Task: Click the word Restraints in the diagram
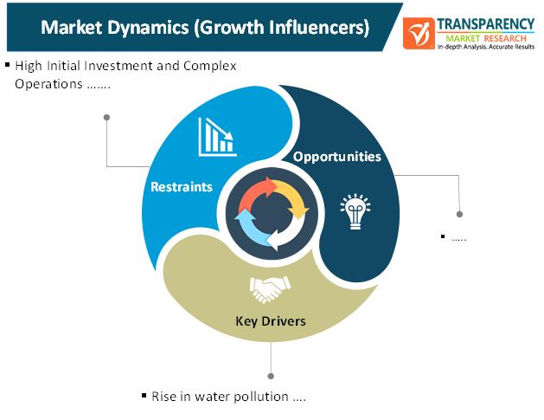(x=182, y=187)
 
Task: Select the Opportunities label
(x=337, y=157)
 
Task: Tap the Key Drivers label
(x=271, y=321)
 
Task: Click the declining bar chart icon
(x=218, y=137)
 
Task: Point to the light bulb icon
(x=355, y=211)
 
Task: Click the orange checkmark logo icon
(x=419, y=34)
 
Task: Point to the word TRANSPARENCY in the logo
(x=485, y=24)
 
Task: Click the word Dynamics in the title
(x=148, y=28)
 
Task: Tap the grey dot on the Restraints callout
(x=107, y=118)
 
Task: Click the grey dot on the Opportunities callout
(x=459, y=214)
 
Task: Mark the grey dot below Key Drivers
(x=271, y=376)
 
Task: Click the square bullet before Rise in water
(x=144, y=395)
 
